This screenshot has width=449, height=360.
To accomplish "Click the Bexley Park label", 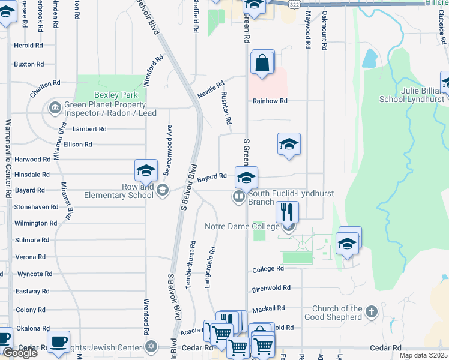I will (x=116, y=95).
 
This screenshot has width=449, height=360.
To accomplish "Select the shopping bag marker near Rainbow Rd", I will (x=262, y=63).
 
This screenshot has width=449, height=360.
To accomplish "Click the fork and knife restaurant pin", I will (x=287, y=212).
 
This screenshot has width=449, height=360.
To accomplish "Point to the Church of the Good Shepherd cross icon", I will (x=372, y=312).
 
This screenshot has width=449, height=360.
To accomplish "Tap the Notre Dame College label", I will (x=242, y=226).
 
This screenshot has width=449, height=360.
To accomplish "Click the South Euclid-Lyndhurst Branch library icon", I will (x=238, y=196).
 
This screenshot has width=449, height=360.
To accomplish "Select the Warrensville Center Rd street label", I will (x=8, y=159).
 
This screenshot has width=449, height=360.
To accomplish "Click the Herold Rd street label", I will (x=29, y=46).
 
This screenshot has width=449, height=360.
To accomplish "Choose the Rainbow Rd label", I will (x=270, y=101).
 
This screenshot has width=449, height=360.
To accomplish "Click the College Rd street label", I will (x=268, y=269).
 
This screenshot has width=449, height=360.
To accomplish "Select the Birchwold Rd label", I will (x=271, y=288).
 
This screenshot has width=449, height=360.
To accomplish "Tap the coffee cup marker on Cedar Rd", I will (x=58, y=342).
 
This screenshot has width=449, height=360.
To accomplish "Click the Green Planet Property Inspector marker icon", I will (x=55, y=108).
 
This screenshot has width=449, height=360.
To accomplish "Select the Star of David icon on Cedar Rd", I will (x=151, y=347).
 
